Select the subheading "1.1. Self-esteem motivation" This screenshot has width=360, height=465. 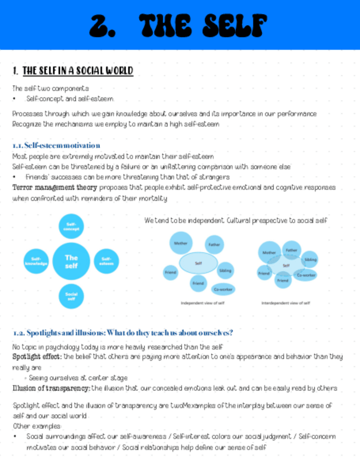click(56, 145)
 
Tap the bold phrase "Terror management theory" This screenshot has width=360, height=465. click(47, 188)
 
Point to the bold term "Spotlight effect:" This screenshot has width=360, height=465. click(37, 356)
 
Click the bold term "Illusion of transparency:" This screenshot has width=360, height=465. click(52, 388)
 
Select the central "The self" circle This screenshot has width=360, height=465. click(71, 262)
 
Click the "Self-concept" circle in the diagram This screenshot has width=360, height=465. click(71, 226)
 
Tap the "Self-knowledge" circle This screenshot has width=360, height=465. click(36, 262)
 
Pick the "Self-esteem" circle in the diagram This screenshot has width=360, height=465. click(106, 262)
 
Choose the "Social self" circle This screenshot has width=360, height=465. click(71, 296)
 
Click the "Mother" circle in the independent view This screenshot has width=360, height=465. click(181, 243)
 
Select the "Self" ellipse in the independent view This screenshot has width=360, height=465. click(199, 263)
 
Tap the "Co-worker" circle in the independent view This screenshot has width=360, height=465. click(223, 289)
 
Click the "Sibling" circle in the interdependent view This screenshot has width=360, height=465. click(310, 259)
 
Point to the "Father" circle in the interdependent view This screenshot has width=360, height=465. click(291, 250)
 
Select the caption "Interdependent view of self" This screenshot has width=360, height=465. click(285, 303)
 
